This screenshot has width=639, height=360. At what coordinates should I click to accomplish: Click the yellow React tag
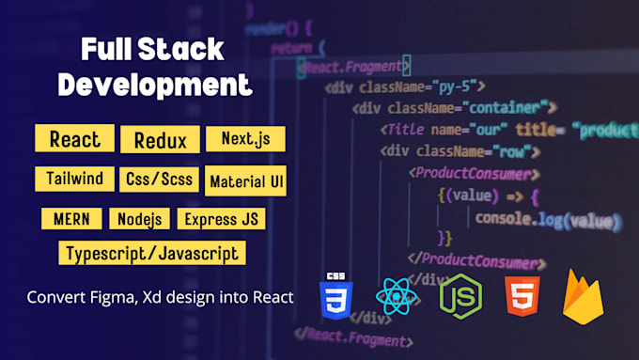click(x=74, y=139)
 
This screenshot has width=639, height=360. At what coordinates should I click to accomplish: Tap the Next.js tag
click(x=245, y=139)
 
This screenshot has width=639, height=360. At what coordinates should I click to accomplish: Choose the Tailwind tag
click(x=74, y=178)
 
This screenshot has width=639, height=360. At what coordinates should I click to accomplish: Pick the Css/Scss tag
click(x=158, y=178)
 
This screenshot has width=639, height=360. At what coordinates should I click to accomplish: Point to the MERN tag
click(x=71, y=219)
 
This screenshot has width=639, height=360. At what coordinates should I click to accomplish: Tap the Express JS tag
click(x=223, y=219)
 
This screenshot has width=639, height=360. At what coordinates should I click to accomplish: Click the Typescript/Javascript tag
click(x=152, y=253)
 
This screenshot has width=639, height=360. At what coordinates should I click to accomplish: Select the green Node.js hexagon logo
click(x=461, y=297)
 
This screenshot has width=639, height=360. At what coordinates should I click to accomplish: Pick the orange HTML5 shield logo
click(x=522, y=297)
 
